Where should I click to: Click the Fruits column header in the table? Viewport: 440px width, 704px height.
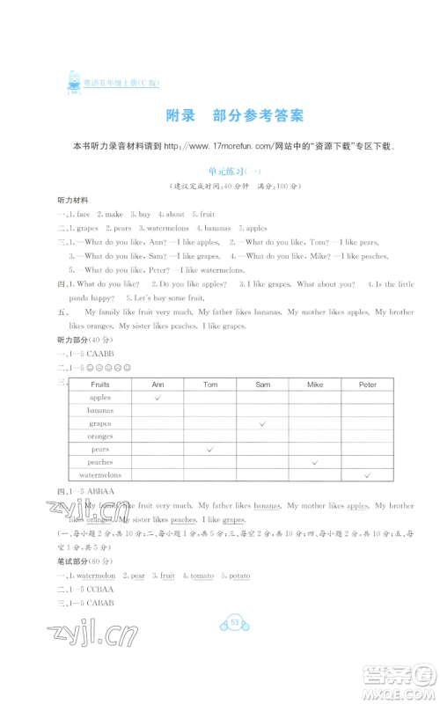click(100, 385)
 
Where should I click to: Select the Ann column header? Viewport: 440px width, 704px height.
click(158, 385)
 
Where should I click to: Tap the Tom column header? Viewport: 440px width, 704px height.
click(210, 385)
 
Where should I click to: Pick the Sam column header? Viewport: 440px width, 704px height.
click(262, 385)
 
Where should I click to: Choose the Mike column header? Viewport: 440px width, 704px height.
click(315, 385)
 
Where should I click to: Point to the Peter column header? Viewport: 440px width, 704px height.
click(367, 385)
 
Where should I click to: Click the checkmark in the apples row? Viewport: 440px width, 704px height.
click(158, 398)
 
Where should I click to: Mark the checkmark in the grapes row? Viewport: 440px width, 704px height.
click(262, 423)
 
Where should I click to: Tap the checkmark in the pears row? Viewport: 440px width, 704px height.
click(210, 449)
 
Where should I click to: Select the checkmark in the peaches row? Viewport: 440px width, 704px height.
click(315, 462)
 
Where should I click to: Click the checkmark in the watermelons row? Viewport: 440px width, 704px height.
click(367, 474)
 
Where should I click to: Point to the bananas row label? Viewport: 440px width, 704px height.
click(100, 411)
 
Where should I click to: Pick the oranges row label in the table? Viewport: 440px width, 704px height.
click(100, 436)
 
